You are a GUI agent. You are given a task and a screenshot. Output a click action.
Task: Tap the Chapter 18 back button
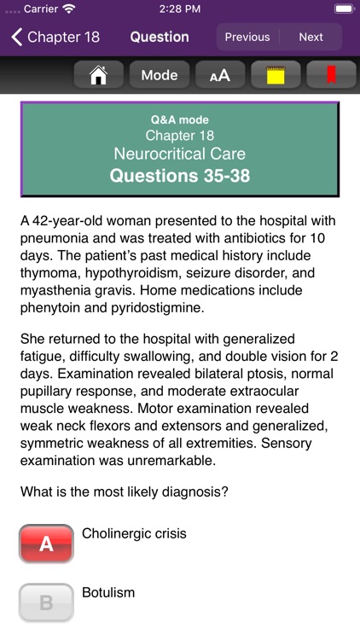pos(55,37)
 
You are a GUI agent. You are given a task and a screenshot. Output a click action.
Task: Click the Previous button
pos(247,37)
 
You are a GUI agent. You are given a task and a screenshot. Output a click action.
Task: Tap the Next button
pos(311,37)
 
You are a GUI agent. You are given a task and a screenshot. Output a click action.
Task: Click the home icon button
pos(99,75)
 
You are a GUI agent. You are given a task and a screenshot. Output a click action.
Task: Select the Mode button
pos(159,75)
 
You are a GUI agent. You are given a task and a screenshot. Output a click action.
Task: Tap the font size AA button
pos(219,75)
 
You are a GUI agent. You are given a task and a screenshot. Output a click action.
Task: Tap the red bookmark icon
pos(331,75)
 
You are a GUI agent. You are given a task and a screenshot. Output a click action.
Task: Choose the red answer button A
pos(46,543)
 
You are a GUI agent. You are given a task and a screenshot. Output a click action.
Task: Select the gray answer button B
pos(46,602)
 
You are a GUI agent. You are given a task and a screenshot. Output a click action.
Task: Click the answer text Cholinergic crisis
pos(134,534)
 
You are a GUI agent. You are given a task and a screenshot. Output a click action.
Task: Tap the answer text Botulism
pos(108,592)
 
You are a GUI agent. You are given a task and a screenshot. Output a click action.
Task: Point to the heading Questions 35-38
pos(179,176)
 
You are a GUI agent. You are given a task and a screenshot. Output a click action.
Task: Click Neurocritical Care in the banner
pos(179,154)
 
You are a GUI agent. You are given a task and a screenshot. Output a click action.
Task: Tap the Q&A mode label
pos(179,120)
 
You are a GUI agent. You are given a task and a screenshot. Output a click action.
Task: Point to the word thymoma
pos(49,273)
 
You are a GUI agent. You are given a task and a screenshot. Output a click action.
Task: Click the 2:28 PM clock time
pos(179,9)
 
